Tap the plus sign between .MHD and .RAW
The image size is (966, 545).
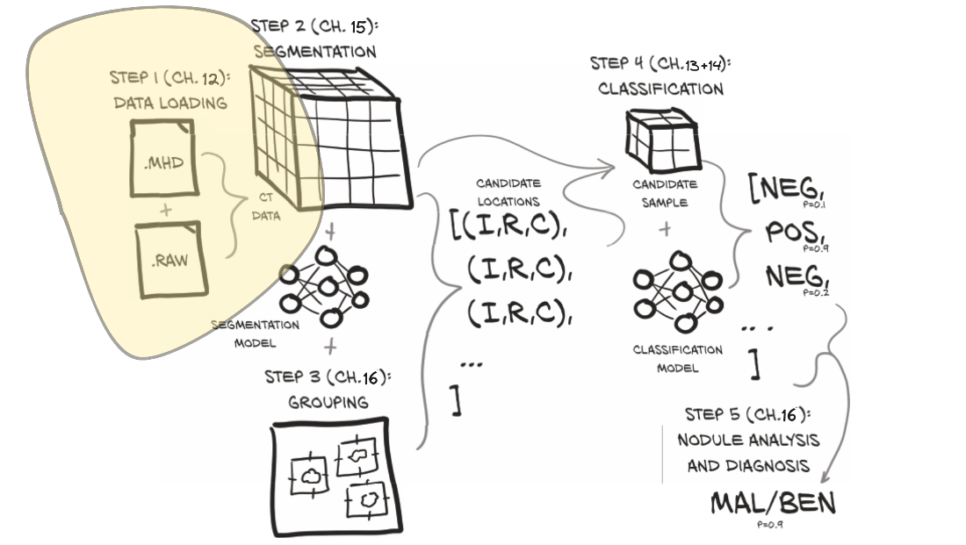pyautogui.click(x=166, y=211)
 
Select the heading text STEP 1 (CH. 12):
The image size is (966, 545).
pyautogui.click(x=169, y=77)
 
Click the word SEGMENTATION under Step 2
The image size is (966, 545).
pyautogui.click(x=314, y=51)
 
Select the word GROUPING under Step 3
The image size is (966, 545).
pyautogui.click(x=329, y=403)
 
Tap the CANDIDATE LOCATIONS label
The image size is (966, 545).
pyautogui.click(x=508, y=191)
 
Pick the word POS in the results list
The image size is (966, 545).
pyautogui.click(x=787, y=232)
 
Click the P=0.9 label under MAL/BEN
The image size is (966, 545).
pyautogui.click(x=769, y=525)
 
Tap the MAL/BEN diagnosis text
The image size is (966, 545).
pyautogui.click(x=772, y=504)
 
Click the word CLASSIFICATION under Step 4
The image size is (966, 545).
pyautogui.click(x=660, y=89)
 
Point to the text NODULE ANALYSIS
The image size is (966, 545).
pyautogui.click(x=748, y=439)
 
